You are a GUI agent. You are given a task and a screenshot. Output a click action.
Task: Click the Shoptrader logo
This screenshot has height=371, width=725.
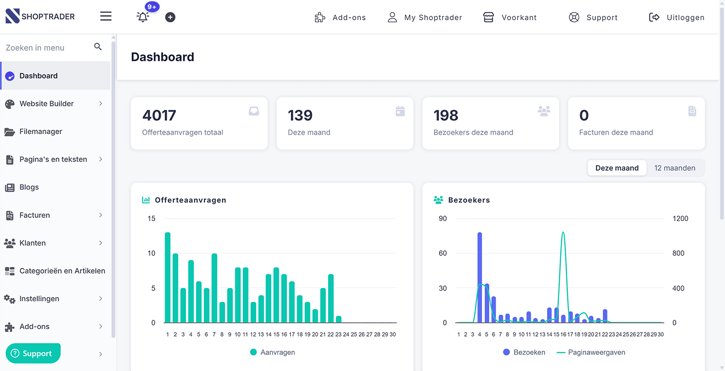[40, 16]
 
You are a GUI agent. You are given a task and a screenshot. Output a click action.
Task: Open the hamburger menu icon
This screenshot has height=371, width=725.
[106, 16]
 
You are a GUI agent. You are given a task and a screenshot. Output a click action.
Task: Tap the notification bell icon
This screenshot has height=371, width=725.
[143, 17]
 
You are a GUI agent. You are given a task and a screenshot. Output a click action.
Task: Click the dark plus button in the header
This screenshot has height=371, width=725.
[170, 17]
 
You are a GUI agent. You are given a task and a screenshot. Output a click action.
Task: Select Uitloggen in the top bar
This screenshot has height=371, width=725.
[677, 17]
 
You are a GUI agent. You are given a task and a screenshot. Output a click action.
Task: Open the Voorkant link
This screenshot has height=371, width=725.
[510, 17]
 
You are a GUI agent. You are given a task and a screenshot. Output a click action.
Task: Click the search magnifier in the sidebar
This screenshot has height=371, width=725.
[98, 47]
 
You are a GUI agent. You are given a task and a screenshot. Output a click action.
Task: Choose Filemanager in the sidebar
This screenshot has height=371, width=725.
[41, 131]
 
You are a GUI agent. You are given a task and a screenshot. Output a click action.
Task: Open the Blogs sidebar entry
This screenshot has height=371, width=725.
[29, 187]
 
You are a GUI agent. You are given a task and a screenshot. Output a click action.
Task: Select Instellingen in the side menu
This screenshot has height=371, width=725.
[39, 299]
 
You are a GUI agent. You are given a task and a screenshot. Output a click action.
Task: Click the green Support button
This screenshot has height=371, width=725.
[33, 353]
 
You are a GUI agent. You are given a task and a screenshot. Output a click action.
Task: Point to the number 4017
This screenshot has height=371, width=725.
[159, 116]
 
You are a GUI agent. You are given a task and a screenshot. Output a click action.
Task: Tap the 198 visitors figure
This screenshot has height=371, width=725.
[446, 116]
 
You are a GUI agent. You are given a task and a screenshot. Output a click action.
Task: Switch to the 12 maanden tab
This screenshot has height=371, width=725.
[675, 168]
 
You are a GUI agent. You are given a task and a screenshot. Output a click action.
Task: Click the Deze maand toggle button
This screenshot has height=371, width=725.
[617, 168]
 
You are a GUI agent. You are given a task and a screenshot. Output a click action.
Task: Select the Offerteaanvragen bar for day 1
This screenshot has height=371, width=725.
[168, 278]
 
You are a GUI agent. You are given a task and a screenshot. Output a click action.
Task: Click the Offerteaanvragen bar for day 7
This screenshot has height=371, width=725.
[214, 288]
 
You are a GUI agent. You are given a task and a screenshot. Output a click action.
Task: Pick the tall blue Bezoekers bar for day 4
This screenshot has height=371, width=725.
[480, 278]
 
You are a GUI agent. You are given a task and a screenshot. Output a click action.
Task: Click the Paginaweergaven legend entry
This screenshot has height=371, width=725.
[591, 352]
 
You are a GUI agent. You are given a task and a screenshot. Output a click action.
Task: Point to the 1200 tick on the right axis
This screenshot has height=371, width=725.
[680, 218]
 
